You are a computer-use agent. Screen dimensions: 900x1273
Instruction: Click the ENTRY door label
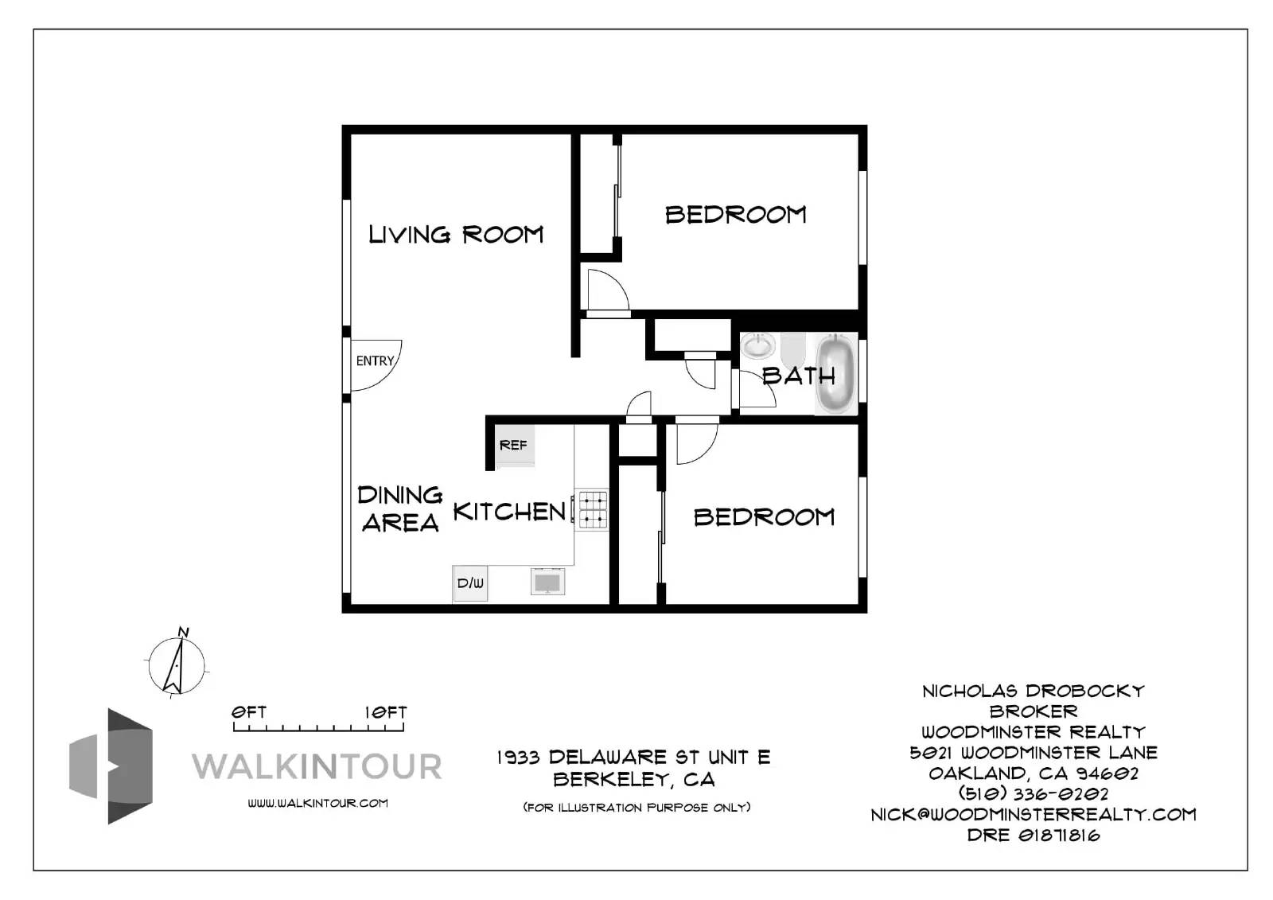tap(375, 361)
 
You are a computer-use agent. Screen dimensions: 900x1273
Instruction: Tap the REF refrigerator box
tap(514, 446)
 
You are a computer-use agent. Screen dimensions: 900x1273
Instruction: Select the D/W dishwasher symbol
tap(470, 583)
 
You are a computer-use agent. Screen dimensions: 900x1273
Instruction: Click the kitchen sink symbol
tap(548, 582)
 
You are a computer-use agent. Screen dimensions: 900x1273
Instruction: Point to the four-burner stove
tap(593, 510)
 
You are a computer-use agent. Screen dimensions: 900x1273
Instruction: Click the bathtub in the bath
tap(835, 373)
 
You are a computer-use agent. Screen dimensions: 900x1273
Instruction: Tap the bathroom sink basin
tap(758, 346)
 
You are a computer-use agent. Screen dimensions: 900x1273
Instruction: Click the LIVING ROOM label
tap(456, 235)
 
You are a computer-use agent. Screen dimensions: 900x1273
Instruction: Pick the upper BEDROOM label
tap(735, 215)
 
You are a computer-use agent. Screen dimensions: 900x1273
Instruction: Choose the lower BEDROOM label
tap(764, 517)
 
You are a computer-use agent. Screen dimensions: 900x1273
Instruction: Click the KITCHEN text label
tap(509, 512)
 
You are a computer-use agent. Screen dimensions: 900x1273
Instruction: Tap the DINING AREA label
tap(399, 509)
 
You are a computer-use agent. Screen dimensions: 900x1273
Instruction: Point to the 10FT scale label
tap(386, 712)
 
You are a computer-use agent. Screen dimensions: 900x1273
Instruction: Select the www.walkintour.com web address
tap(317, 803)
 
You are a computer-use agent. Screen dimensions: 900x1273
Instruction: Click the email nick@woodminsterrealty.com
tap(1033, 814)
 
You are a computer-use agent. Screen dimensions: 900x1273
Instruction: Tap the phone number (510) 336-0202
tap(1033, 793)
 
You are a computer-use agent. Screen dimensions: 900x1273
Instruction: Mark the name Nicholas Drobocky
tap(1033, 691)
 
